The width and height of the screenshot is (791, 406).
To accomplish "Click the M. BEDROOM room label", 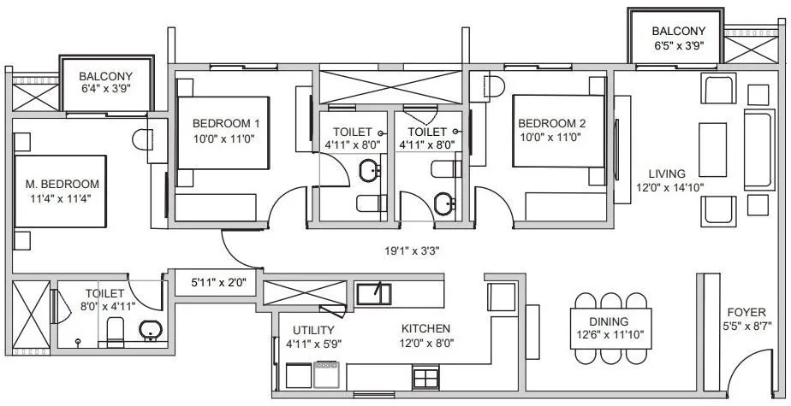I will coord(62,183).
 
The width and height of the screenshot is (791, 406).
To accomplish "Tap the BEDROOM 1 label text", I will coord(226,123).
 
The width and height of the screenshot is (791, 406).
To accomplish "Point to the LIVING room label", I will coord(666,174).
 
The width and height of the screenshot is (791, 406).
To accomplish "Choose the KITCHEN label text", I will coord(426,328).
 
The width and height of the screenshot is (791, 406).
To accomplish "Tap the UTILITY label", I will coord(313,329).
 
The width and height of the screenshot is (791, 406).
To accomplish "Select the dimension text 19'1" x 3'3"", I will coord(417,251).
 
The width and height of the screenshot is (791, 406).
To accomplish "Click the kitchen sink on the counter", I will coord(373,293).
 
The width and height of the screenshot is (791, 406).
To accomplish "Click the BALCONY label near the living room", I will coord(677,32).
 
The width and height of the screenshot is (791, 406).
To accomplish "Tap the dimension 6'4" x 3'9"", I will coord(107,88).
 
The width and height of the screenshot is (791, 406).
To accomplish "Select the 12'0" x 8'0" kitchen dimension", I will coord(426,344).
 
